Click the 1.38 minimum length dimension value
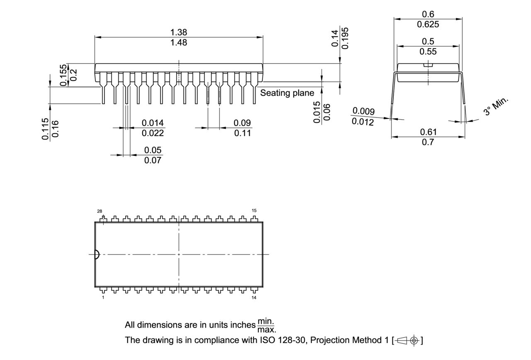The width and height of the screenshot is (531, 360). coord(179,32)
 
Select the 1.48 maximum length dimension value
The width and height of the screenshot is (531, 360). coord(179,42)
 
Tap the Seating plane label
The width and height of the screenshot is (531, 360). coord(287,93)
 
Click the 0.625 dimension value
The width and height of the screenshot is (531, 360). coord(428,24)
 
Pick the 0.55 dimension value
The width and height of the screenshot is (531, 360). coord(428,52)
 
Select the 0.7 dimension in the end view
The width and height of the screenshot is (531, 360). coord(428,142)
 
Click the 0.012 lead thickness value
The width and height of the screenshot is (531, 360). coord(363,122)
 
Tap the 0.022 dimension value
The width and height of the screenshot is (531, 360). coord(153,133)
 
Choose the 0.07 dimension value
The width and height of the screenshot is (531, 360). coord(153,160)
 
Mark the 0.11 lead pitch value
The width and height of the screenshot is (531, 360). coord(243,133)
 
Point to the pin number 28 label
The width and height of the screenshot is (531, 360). coord(100,211)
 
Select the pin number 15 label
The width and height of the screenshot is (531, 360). coord(254,211)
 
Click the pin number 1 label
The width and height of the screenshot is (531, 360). coord(103,298)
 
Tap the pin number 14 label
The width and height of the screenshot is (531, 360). coord(254,298)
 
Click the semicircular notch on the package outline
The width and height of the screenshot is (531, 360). coord(97,255)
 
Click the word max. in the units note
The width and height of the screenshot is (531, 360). coord(266,330)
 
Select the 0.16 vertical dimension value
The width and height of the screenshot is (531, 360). coord(55,129)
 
